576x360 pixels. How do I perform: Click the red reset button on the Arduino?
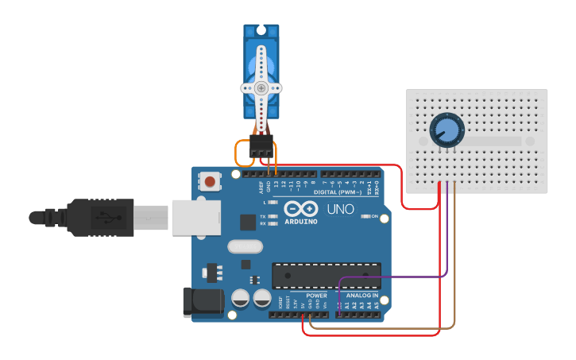pos(210,181)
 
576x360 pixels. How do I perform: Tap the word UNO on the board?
pos(342,210)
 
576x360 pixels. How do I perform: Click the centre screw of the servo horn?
pos(261,88)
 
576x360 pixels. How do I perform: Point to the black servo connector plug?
pos(261,145)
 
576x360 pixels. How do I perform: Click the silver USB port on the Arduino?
pos(195,216)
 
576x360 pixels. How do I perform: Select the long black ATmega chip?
pos(326,274)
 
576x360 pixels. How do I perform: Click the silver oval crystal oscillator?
pos(245,246)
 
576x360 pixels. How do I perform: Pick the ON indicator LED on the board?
pos(366,216)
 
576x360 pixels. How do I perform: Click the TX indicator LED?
pos(274,216)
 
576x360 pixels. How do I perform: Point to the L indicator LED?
pos(274,203)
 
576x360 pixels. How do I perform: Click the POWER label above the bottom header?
pos(316,296)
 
